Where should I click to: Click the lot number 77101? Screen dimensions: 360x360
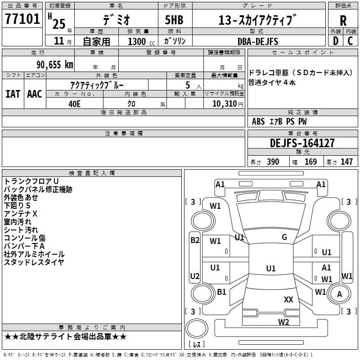22,19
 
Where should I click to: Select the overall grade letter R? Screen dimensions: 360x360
343,21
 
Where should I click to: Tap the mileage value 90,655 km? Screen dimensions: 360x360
55,65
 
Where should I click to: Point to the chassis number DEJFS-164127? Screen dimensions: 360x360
302,143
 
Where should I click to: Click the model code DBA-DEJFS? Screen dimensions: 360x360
258,41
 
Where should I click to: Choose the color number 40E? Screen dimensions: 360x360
74,104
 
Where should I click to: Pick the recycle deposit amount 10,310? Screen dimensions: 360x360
225,104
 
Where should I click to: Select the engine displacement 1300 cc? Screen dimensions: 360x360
141,41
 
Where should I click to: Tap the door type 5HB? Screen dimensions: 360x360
174,20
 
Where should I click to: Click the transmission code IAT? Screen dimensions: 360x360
13,94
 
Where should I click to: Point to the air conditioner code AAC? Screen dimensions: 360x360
35,94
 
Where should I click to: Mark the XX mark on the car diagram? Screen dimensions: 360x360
288,299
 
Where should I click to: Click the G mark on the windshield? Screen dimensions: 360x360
284,237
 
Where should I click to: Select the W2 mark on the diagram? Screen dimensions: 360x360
283,322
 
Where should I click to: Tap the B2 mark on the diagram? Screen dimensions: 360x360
195,240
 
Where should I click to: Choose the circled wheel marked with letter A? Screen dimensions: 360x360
339,294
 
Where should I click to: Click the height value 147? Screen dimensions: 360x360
346,162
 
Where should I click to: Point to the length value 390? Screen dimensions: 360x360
273,162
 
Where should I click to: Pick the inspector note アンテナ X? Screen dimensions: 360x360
20,214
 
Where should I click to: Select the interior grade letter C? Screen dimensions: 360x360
350,41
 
